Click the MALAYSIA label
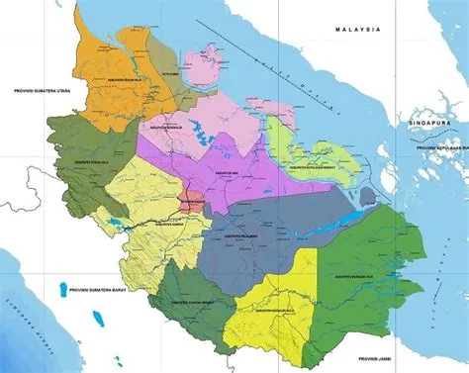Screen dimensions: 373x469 tap(344, 29)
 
